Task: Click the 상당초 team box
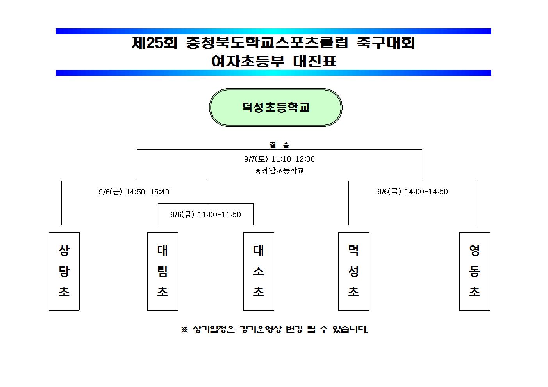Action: (64, 271)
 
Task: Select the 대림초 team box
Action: (162, 271)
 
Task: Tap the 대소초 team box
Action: (259, 271)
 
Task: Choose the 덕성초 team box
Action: (354, 271)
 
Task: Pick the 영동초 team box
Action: (475, 271)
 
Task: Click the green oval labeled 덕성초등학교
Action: (276, 108)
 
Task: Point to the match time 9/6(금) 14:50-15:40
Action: (134, 192)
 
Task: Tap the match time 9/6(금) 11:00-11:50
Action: (205, 215)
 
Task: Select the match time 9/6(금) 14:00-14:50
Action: (412, 191)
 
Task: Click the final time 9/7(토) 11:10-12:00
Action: (279, 159)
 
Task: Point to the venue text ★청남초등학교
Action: (280, 170)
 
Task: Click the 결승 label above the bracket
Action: (279, 145)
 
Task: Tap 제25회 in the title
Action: (154, 43)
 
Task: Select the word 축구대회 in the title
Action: (386, 43)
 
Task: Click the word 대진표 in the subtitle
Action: (314, 61)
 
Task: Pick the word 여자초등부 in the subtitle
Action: (248, 61)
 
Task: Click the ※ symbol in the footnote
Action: (184, 330)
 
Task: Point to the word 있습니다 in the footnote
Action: (350, 329)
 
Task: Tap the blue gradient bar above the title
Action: (273, 31)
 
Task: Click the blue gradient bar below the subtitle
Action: (273, 73)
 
